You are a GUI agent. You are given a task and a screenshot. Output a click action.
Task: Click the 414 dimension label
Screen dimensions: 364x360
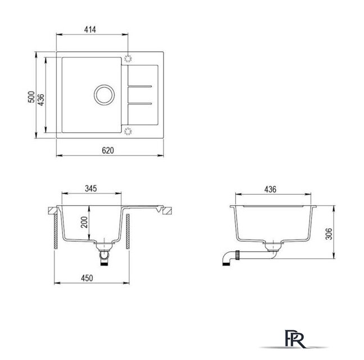90,29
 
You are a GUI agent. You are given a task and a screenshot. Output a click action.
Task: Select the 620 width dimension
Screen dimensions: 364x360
108,150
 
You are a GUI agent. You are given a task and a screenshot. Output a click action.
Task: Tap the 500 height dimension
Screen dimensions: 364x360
31,97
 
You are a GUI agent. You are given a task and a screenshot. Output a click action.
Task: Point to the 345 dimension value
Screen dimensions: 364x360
91,188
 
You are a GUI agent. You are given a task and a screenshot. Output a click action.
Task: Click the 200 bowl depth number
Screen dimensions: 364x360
84,222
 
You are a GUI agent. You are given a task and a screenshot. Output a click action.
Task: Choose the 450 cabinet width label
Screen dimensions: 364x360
87,278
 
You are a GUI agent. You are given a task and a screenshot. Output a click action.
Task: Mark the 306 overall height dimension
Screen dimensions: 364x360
329,234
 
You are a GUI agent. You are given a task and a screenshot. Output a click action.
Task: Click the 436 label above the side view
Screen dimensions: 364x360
270,189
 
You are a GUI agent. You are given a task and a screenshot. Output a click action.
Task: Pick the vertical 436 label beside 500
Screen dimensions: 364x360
41,100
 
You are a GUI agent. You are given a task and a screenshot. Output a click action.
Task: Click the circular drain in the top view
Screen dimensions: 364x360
104,94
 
